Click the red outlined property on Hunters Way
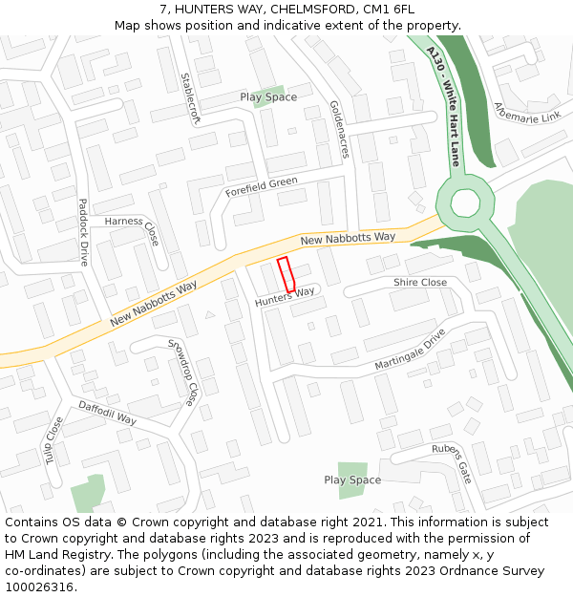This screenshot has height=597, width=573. (x=286, y=275)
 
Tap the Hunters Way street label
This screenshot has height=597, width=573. (x=285, y=298)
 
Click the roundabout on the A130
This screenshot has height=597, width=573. (x=465, y=203)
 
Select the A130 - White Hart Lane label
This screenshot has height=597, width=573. (x=444, y=106)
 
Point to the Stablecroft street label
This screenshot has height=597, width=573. (x=191, y=99)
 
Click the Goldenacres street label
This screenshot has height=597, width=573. (x=339, y=129)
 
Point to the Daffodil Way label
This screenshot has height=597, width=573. (x=107, y=413)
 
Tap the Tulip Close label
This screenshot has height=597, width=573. (x=53, y=439)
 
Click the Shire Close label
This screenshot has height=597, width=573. (x=420, y=283)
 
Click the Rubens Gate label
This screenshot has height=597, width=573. (x=452, y=463)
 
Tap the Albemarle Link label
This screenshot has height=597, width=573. (x=527, y=112)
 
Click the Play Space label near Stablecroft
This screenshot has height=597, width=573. (x=268, y=97)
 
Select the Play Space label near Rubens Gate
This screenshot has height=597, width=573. (x=352, y=480)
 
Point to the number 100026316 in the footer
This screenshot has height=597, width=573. (x=39, y=586)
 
